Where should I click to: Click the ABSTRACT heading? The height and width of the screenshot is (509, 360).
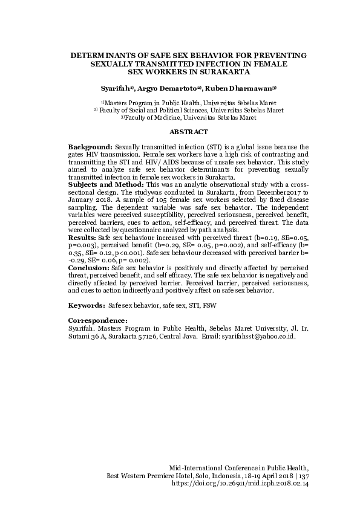(189, 132)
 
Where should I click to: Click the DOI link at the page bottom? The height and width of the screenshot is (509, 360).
(241, 484)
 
